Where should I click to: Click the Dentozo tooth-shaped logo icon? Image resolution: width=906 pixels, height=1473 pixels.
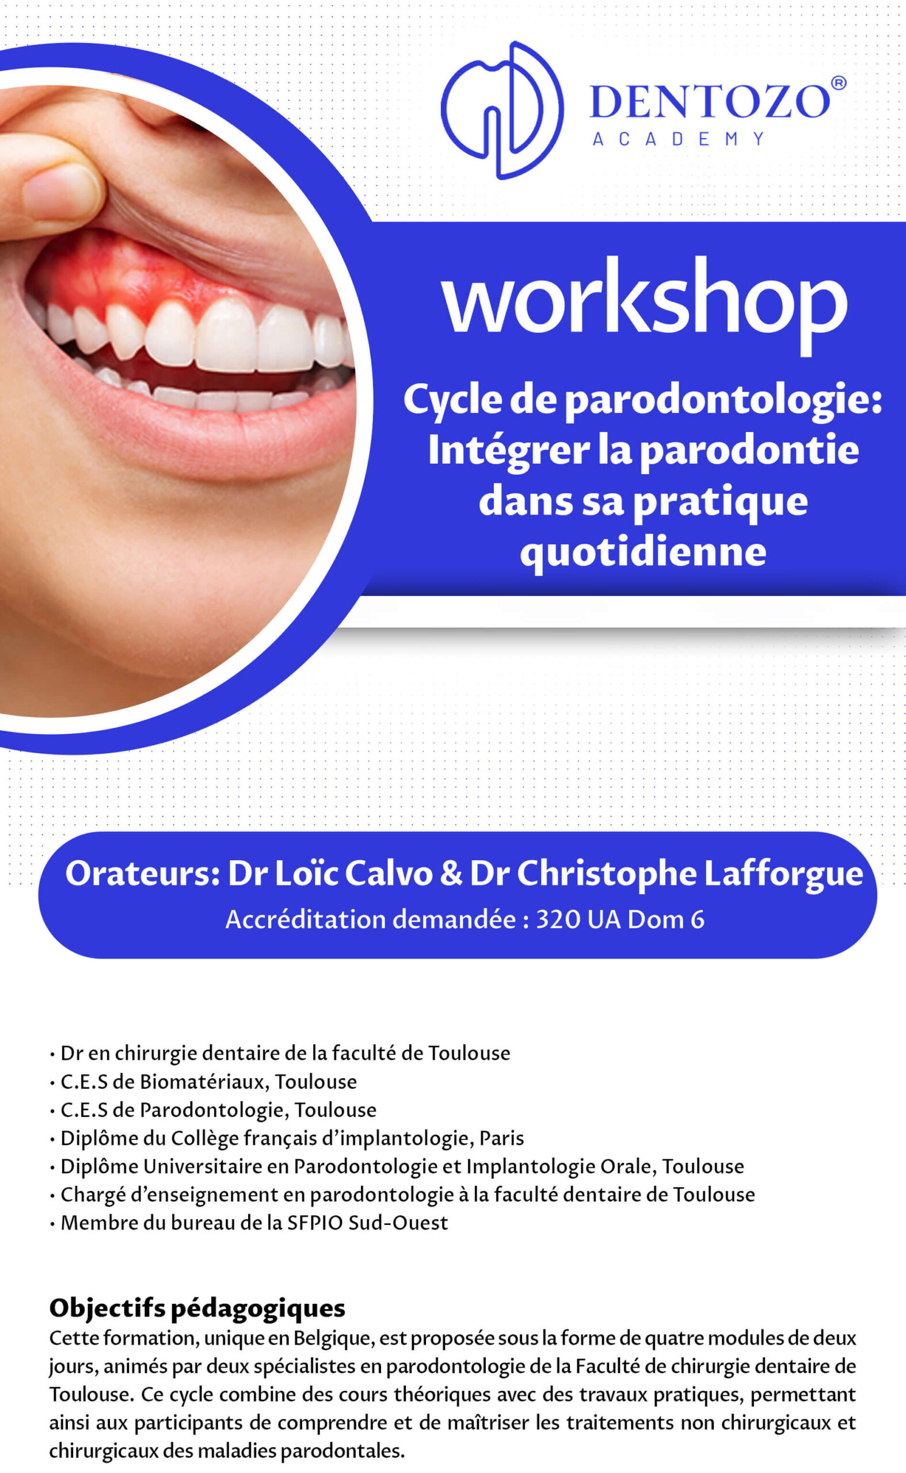pos(502,110)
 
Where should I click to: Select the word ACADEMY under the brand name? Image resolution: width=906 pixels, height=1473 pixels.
pos(678,139)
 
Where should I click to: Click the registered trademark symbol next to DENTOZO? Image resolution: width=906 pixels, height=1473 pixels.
pos(839,83)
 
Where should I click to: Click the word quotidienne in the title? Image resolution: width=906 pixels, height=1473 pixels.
pos(643,551)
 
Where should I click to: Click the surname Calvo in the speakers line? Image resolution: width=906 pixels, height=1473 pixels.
pos(389,873)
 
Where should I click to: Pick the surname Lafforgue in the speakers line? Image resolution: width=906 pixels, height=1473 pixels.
pos(783,873)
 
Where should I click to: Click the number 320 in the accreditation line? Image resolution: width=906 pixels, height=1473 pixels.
pos(557,919)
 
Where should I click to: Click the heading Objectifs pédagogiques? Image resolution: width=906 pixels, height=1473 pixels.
pos(197,1308)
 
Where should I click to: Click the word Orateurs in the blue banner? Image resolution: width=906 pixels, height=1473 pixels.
pos(143,873)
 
